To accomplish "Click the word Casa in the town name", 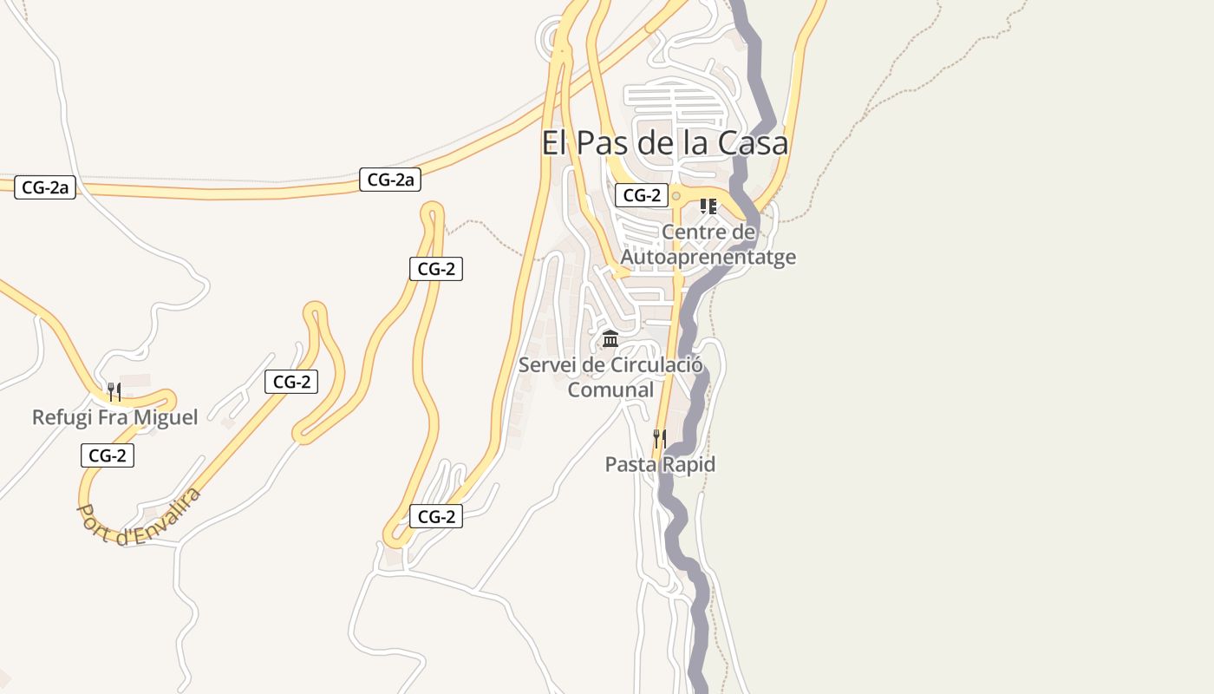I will coord(752,143).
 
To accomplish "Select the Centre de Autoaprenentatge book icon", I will coord(708,206).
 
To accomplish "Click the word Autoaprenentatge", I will coord(708,258).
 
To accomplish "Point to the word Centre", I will coord(695,232).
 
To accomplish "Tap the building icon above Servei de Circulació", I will coord(610,338).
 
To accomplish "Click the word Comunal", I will coord(610,390).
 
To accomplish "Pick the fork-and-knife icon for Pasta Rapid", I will coord(660,438).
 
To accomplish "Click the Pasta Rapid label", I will coord(660,464).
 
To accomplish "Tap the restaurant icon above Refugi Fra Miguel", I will coord(114,391).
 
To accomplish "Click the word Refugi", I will coord(60,417).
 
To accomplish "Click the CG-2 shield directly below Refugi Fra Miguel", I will coord(108,455).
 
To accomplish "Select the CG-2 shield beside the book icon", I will coord(641,195).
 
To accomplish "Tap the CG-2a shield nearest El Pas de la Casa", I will coord(390,180).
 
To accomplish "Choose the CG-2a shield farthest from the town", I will coord(45,187).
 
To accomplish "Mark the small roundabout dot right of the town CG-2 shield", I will coord(676,196).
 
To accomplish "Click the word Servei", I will coord(548,365).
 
